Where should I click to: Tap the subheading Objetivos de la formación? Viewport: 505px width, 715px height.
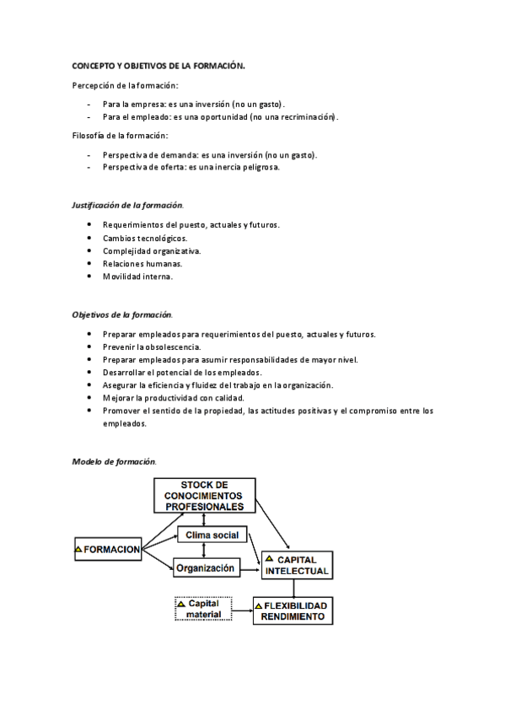coord(122,314)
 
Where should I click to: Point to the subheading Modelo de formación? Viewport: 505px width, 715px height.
coord(114,461)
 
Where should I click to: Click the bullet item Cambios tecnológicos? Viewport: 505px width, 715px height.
coord(145,238)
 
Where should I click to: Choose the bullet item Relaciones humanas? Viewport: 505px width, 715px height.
coord(142,263)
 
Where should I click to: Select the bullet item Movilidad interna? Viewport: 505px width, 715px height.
coord(137,276)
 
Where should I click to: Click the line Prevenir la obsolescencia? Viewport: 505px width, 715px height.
coord(152,347)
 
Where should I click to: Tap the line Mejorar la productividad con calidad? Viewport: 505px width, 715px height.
coord(174,397)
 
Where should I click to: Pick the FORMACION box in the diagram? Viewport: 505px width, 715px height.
coord(107,549)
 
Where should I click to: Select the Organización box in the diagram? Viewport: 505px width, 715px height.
coord(205,568)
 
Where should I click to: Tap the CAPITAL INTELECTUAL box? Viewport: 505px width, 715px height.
coord(296,565)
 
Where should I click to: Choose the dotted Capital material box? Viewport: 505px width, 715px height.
coord(203,609)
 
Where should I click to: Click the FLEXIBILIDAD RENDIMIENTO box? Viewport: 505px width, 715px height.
coord(293,610)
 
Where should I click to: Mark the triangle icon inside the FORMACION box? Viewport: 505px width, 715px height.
coord(79,549)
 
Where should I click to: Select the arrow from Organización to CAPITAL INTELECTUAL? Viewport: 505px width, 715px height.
coord(250,570)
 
